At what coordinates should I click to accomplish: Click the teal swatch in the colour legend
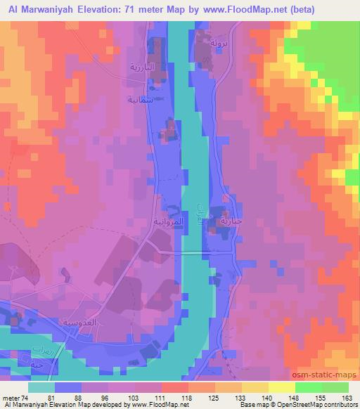[40, 387]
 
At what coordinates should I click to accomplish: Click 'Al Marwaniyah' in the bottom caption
[25, 405]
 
